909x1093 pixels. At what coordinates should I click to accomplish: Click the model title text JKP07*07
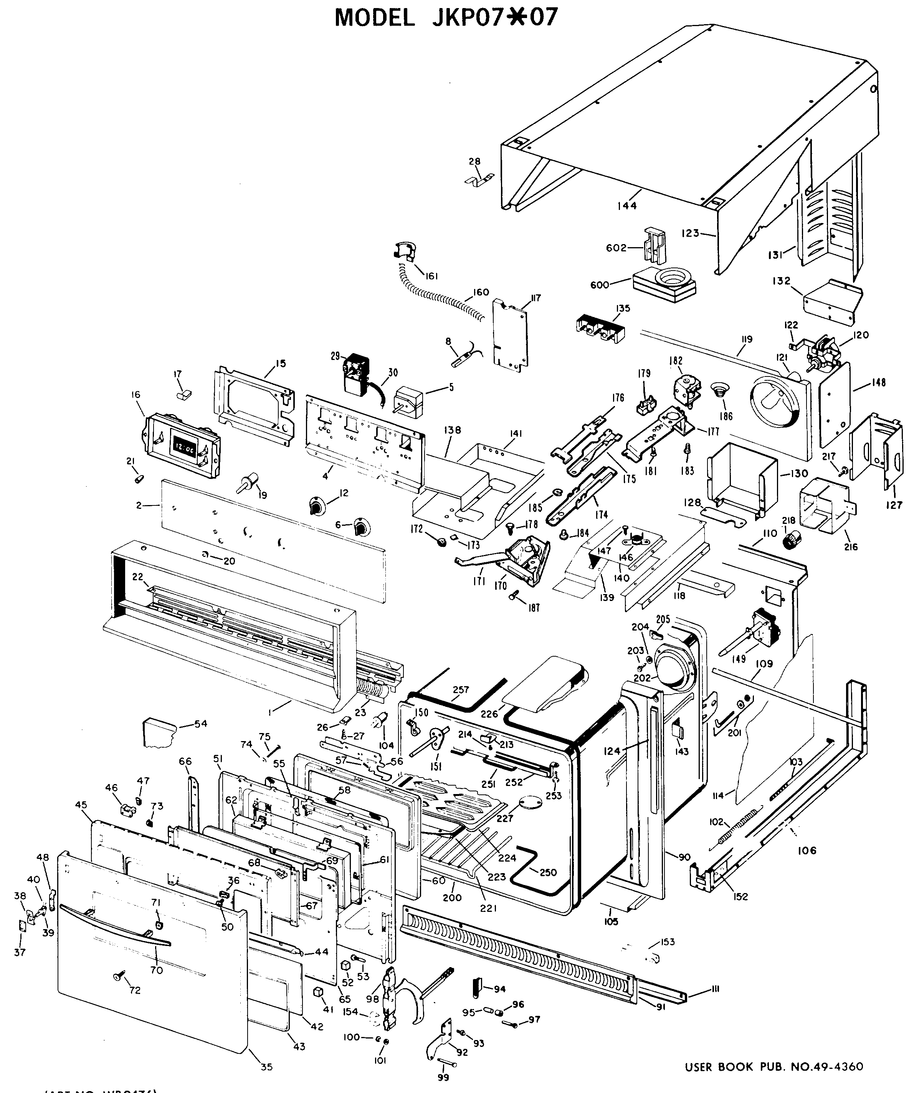[446, 18]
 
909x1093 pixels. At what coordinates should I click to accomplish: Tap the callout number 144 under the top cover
[627, 206]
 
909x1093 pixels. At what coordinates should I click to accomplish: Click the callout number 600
[600, 285]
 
